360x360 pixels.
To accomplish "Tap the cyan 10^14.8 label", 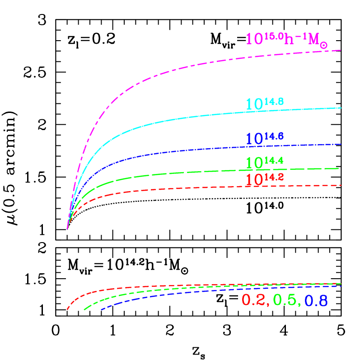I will [265, 104].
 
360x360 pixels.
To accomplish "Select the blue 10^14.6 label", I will [265, 138].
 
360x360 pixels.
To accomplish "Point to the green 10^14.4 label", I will [264, 162].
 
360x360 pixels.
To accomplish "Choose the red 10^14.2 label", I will [264, 179].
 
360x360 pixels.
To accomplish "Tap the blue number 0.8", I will [316, 301].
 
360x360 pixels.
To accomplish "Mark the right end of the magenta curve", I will [340, 50].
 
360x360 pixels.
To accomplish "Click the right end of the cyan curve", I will [341, 108].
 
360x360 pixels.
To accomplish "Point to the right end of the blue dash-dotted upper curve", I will [341, 144].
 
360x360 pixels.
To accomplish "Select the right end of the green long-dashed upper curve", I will [339, 168].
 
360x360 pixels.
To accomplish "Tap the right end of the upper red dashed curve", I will [340, 185].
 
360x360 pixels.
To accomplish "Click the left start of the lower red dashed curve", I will [67, 309].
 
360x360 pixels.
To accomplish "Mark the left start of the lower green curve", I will [84, 309].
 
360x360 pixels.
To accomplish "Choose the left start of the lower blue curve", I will [102, 310].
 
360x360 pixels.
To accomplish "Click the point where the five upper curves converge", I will [67, 228].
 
